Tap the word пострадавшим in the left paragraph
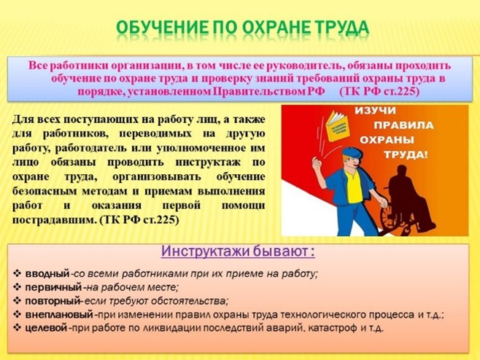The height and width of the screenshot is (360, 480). click(x=49, y=219)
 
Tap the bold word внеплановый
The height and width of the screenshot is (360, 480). click(x=59, y=314)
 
